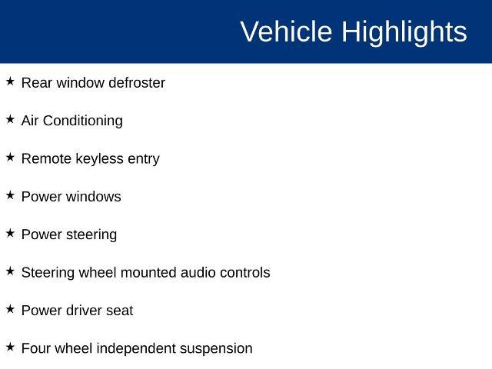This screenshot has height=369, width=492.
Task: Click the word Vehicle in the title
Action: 286,32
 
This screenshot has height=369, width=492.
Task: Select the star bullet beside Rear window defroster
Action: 10,81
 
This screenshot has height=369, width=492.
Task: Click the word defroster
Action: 137,83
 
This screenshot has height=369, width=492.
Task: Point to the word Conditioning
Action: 83,121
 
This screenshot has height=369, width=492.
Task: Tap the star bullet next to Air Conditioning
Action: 10,119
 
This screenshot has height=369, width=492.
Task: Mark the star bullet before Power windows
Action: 10,195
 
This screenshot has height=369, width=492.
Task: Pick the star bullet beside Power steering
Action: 10,233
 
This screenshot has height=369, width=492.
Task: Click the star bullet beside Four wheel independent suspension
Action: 10,347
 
